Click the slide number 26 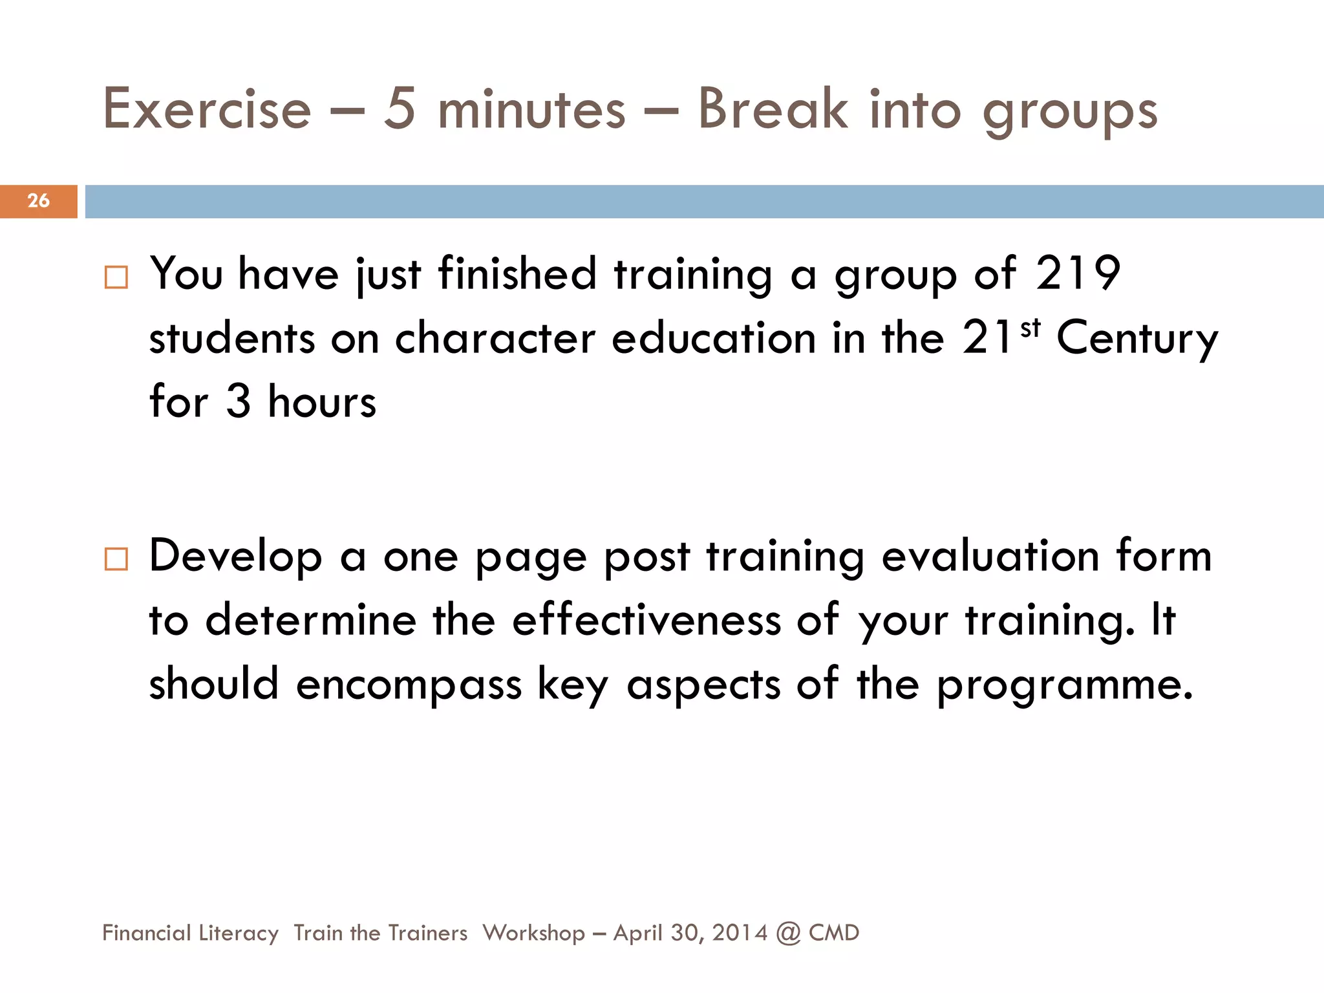click(x=39, y=200)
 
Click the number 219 click(x=1078, y=273)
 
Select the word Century click(x=1137, y=339)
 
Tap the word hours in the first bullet click(x=322, y=401)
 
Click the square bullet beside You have click(x=116, y=277)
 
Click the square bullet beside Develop click(x=116, y=559)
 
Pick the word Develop click(x=236, y=556)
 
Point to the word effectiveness click(x=646, y=619)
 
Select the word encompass click(x=409, y=684)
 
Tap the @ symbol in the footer click(x=788, y=933)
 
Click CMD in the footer click(x=834, y=933)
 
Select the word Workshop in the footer click(x=534, y=933)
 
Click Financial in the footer click(x=147, y=933)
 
